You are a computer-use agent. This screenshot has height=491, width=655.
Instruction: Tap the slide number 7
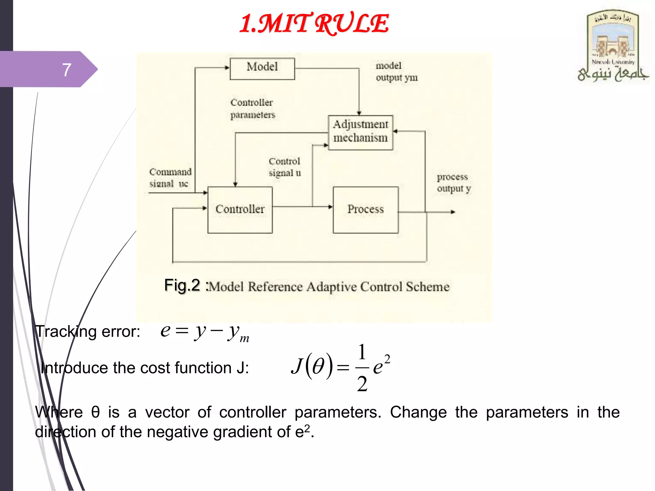click(67, 69)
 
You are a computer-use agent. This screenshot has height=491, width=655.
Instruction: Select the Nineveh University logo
click(613, 46)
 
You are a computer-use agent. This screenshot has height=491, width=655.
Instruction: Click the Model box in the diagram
click(262, 68)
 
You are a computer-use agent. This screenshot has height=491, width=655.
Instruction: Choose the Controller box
click(240, 210)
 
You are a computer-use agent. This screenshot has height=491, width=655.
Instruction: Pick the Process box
click(366, 210)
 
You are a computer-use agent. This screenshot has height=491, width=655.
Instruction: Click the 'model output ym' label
click(397, 72)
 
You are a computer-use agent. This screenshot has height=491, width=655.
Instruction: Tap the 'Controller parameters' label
click(252, 109)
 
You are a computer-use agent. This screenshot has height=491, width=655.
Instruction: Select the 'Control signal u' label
click(285, 167)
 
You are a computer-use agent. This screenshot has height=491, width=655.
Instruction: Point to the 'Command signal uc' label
click(170, 178)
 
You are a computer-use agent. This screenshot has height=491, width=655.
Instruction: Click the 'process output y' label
click(454, 183)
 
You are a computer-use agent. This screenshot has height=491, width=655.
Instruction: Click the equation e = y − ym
click(205, 332)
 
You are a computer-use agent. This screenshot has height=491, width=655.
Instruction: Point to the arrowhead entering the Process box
click(330, 207)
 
